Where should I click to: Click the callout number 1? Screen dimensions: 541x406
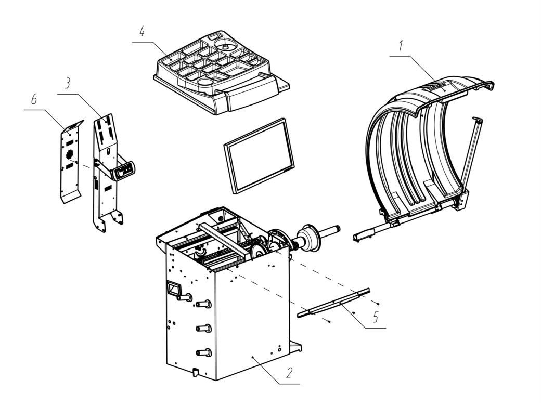(x=400, y=46)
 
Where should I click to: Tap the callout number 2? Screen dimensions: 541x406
(x=289, y=373)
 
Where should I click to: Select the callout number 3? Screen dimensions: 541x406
(x=68, y=83)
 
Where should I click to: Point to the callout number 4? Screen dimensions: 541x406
(x=142, y=31)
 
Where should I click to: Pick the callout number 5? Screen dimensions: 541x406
(x=376, y=317)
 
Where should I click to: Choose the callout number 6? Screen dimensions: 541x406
(x=33, y=100)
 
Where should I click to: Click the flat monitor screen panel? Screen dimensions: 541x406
(x=259, y=156)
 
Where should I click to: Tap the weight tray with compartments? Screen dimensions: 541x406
(x=221, y=72)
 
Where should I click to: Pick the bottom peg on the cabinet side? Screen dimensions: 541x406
(x=203, y=352)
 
